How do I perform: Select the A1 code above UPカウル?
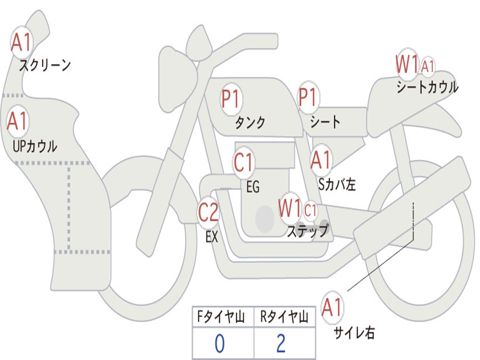point(18,121)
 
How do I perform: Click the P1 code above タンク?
point(231,99)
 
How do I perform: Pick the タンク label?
point(250,123)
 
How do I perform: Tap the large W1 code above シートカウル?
point(406,65)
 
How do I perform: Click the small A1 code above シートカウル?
point(427,67)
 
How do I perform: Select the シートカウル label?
point(427,88)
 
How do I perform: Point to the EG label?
point(253,187)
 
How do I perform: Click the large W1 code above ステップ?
point(289,208)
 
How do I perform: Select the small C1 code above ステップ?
point(311,210)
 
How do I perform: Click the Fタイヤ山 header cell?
point(223,318)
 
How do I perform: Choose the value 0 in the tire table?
point(219,344)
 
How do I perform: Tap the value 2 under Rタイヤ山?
point(281,344)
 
